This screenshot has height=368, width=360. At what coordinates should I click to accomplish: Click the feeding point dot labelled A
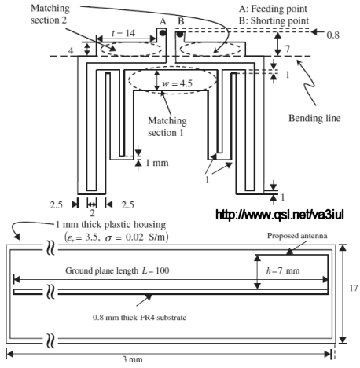point(163,33)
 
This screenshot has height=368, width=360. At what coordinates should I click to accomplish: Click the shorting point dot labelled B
point(180,34)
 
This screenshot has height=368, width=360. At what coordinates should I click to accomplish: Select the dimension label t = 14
point(123,33)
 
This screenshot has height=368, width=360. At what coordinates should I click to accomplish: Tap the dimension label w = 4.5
point(178,83)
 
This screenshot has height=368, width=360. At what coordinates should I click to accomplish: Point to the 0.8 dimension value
point(332,35)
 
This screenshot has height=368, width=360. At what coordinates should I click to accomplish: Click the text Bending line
point(314,118)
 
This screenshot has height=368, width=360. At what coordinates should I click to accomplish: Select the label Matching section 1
point(167,127)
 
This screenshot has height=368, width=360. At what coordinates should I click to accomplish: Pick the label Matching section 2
point(50,14)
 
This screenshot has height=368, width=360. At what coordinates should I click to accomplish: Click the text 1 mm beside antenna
point(156,163)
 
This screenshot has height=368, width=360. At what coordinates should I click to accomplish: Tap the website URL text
point(279,215)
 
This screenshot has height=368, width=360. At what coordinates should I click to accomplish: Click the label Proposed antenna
point(297,236)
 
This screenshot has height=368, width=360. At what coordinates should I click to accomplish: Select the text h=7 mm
point(283,270)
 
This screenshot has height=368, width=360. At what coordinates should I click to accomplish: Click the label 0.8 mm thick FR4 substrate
point(139,318)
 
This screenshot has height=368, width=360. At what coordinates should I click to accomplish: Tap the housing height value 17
point(353,288)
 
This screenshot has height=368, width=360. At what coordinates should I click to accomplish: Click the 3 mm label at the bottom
point(132,359)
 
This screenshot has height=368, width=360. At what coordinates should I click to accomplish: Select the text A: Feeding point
point(273,9)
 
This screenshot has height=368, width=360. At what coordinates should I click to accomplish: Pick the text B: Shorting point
point(274,20)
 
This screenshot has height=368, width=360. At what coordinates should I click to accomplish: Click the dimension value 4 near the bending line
point(71,51)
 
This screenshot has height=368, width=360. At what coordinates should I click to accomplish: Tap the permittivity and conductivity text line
point(116,237)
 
